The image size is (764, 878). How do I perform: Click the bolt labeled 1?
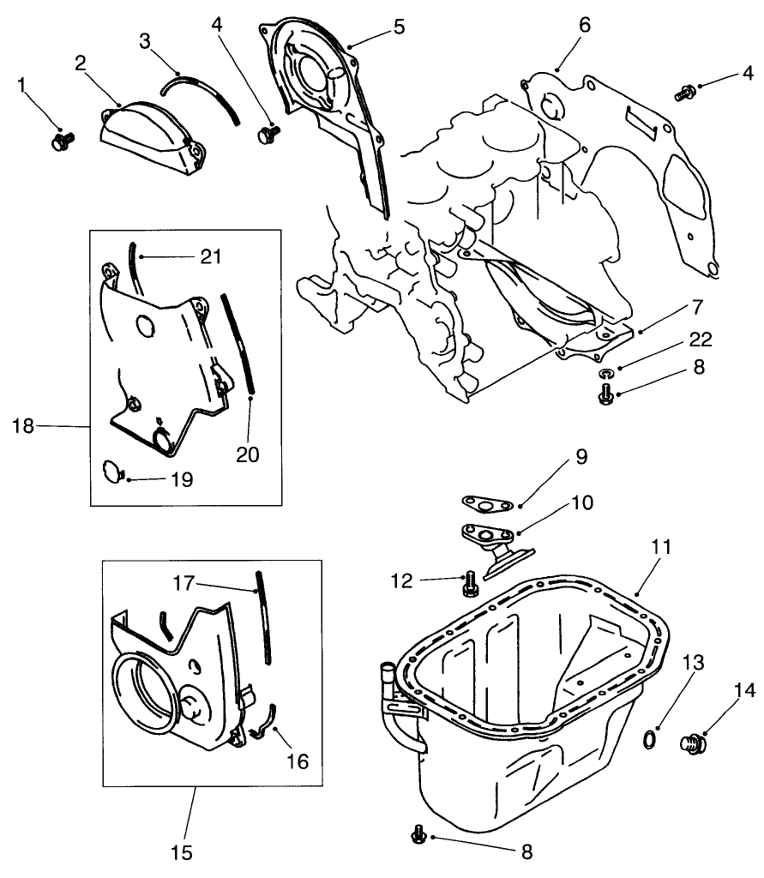point(63,140)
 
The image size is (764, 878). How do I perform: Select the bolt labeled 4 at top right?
point(685,92)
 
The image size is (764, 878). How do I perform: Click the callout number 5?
point(399,26)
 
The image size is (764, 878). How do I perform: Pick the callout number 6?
point(584,25)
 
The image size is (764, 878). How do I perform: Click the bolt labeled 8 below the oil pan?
point(419,832)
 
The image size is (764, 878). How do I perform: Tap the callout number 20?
point(249,454)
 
